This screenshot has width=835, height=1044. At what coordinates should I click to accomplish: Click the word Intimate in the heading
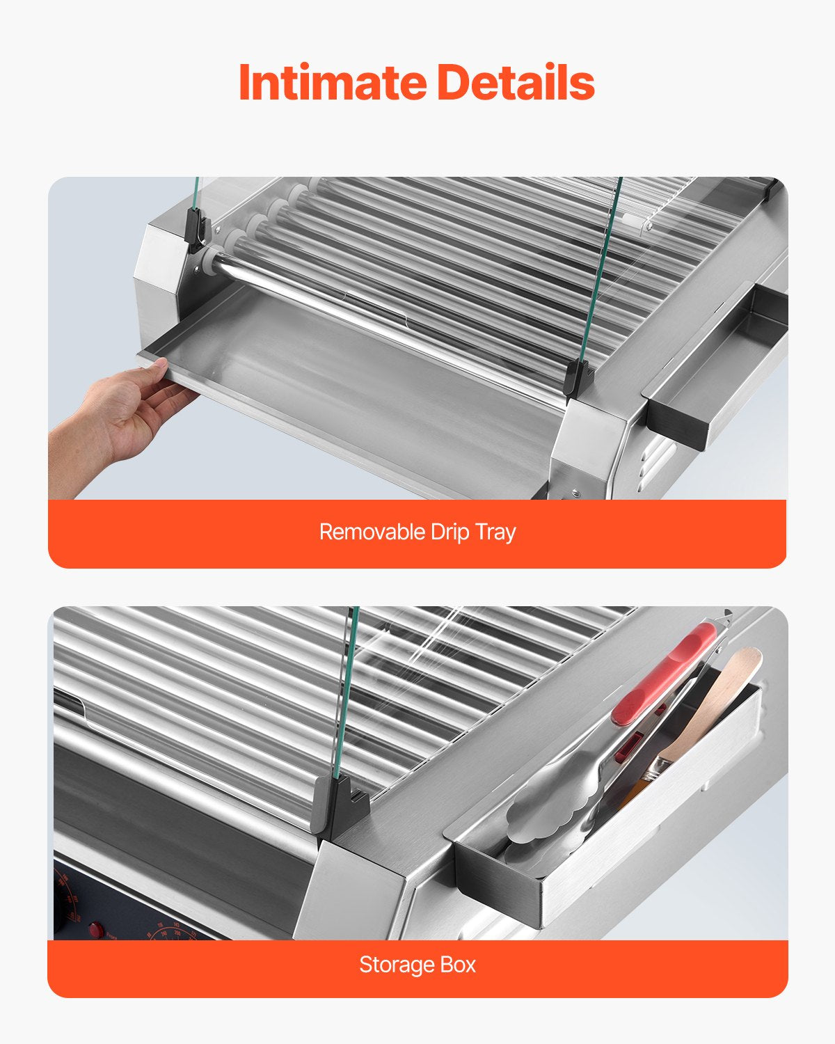[332, 82]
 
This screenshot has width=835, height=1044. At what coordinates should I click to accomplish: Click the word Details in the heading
[516, 82]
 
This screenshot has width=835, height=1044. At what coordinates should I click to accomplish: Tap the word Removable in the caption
[372, 532]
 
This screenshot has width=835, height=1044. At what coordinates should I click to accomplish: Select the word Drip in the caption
[450, 532]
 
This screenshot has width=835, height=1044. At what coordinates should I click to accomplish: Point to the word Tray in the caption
[495, 532]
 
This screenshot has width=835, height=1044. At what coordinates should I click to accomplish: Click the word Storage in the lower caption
[397, 965]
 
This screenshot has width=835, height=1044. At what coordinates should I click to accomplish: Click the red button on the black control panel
[95, 929]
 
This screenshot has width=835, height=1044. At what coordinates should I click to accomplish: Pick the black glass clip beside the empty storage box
[579, 379]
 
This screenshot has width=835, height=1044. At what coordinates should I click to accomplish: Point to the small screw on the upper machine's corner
[575, 492]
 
